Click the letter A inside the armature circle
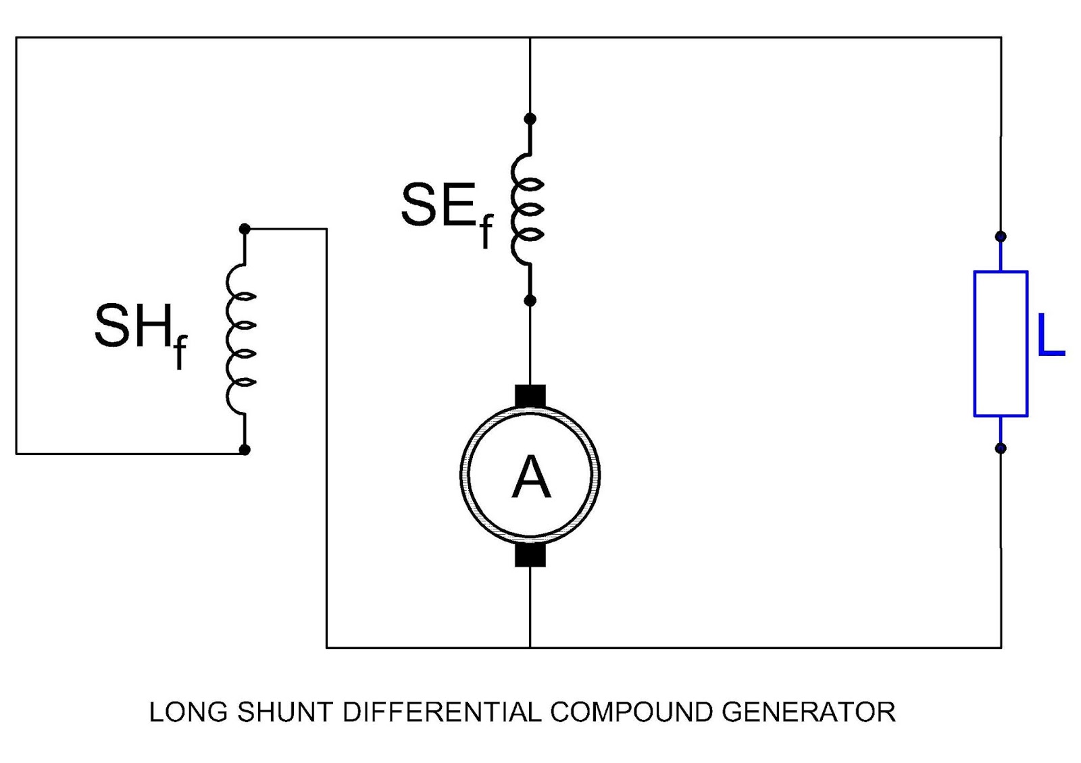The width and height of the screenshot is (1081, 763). [531, 477]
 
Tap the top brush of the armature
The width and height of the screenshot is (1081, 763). [530, 396]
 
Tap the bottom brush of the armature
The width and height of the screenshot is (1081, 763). [530, 555]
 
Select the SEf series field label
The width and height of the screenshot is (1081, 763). [446, 209]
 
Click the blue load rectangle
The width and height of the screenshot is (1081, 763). [1001, 344]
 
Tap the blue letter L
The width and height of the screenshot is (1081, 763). [1049, 336]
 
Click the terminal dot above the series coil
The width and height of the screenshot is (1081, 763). [530, 119]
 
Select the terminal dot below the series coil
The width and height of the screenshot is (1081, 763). [530, 300]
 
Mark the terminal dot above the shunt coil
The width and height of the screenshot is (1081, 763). [245, 230]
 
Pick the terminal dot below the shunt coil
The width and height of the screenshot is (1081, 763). [245, 449]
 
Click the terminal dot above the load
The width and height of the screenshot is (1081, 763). [1001, 236]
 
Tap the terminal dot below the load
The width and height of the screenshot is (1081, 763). [1001, 448]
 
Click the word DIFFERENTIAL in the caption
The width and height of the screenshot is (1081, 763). [442, 712]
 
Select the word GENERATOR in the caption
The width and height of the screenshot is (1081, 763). [808, 712]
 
